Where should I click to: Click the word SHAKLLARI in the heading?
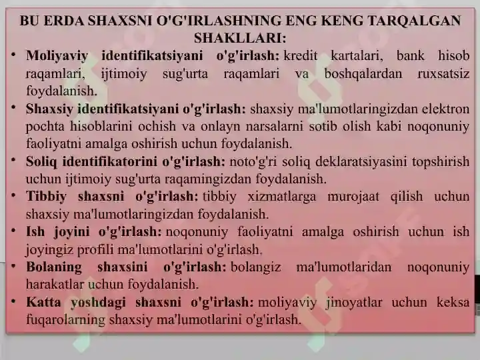tap(240, 38)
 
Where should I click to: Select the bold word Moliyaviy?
tap(57, 56)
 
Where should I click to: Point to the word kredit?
tap(301, 56)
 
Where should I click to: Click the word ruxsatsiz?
tap(443, 73)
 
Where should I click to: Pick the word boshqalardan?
tap(363, 74)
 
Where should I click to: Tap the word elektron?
tap(446, 109)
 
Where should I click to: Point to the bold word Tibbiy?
tap(46, 197)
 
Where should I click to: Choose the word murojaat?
tap(353, 197)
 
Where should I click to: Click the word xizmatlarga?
tap(281, 197)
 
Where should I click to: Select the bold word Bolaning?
tap(54, 267)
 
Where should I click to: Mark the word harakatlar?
tap(55, 285)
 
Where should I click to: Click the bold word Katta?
tap(43, 302)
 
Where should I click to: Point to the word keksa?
tap(453, 302)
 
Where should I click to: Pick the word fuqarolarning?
tap(65, 320)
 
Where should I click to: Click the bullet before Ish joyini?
tap(13, 231)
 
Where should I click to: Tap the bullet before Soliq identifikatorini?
tap(13, 160)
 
